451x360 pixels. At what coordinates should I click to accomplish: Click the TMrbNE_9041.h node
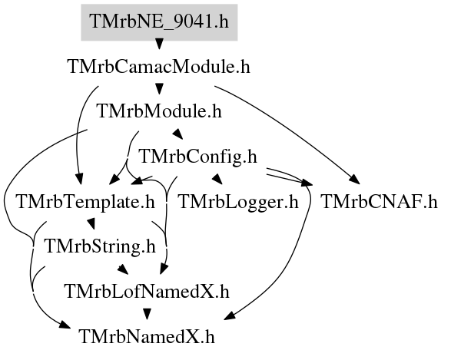159,22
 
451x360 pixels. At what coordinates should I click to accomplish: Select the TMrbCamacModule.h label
159,67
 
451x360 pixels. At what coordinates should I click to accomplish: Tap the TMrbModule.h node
160,111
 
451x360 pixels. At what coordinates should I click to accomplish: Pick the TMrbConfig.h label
198,157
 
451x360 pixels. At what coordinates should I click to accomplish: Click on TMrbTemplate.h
86,202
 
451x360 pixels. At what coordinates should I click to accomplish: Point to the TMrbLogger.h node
238,202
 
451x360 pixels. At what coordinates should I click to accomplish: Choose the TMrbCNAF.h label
379,202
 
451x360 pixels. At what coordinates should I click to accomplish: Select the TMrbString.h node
101,246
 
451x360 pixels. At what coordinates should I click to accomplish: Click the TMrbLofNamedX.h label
148,292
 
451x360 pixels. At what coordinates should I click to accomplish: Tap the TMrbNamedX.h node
147,336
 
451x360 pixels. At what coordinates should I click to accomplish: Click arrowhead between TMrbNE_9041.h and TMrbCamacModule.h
159,44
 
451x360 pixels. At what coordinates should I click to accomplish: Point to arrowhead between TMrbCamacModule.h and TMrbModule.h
159,89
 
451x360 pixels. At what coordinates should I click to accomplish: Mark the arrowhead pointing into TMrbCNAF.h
355,180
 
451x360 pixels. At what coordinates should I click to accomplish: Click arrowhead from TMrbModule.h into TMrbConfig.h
178,134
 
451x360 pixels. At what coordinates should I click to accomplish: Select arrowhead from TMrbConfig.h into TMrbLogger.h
217,179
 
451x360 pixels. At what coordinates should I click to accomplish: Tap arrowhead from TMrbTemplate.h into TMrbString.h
91,224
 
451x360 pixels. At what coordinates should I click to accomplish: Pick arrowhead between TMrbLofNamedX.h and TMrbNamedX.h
148,314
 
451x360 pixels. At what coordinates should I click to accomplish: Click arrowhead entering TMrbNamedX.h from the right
230,315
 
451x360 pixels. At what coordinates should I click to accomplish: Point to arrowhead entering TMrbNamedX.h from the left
65,325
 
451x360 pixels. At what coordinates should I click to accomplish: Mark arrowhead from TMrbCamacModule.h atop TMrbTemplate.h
79,179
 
